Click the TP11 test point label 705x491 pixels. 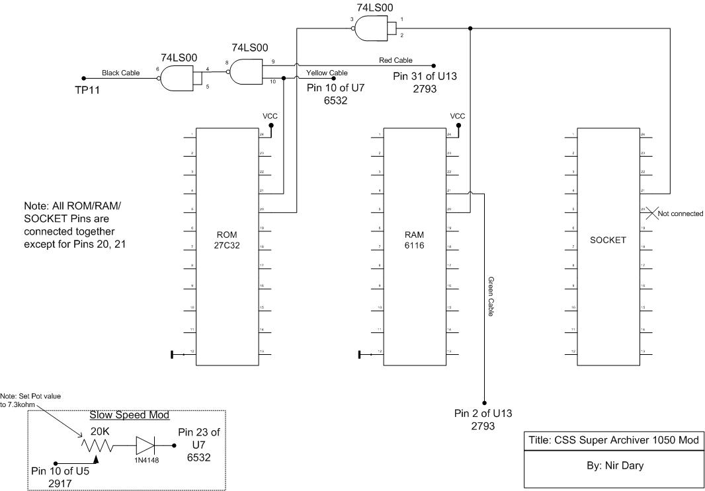(87, 89)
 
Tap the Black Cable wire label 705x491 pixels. (121, 73)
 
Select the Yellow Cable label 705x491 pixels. (327, 73)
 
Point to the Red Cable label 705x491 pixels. (395, 60)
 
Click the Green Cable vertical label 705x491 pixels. (491, 297)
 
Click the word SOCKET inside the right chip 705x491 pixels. (608, 240)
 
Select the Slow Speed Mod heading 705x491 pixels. (130, 415)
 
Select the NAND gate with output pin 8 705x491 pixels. (247, 71)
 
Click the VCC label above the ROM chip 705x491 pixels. (270, 116)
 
